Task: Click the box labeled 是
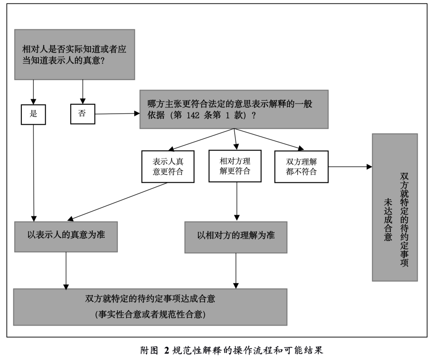click(34, 114)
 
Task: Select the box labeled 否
click(83, 113)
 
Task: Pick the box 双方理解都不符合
click(301, 166)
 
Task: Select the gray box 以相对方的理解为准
click(236, 235)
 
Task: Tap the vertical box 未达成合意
click(395, 207)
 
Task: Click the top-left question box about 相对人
click(74, 54)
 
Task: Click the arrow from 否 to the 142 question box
click(117, 114)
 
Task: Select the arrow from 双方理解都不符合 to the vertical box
click(350, 166)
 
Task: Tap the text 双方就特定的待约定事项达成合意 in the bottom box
click(150, 299)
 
